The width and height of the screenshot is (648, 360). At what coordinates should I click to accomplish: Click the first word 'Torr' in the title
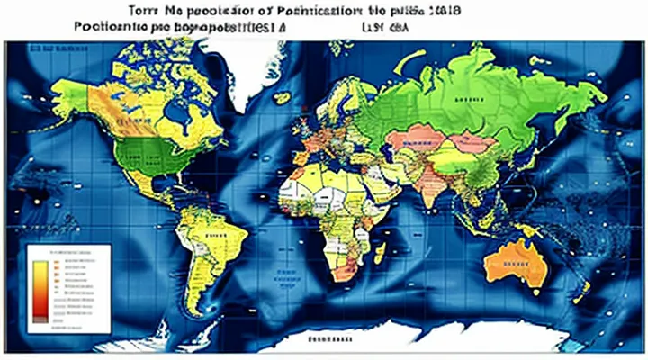click(x=126, y=11)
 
